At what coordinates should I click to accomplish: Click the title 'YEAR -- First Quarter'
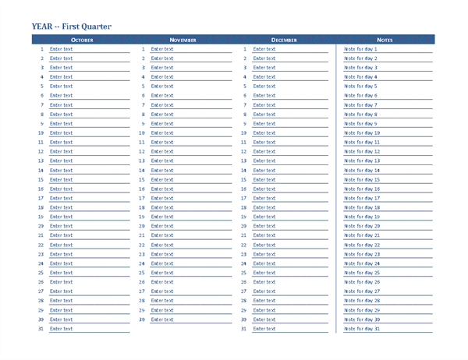tap(72, 26)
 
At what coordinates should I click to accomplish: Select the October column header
tap(82, 39)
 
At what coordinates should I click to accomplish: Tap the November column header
tap(183, 39)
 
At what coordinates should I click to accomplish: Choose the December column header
tap(284, 39)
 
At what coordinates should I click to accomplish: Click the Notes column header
tap(385, 39)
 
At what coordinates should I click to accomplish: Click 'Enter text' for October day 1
tap(61, 48)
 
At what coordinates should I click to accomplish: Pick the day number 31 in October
tap(41, 329)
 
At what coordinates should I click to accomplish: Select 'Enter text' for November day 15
tap(162, 179)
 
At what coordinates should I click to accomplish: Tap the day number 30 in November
tap(142, 319)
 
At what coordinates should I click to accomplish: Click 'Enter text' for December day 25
tap(264, 273)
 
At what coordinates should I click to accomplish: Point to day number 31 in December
tap(244, 329)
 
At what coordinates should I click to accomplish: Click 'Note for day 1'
tap(360, 48)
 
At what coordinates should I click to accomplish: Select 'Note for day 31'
tap(362, 329)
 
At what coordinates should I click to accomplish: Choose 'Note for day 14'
tap(362, 170)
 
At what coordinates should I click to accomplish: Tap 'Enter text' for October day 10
tap(61, 132)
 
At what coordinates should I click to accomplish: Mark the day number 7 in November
tap(144, 104)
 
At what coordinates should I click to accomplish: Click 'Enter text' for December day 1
tap(264, 48)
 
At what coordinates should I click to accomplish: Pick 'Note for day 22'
tap(362, 245)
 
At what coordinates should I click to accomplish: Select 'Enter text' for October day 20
tap(61, 226)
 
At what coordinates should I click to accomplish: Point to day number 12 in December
tap(244, 151)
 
